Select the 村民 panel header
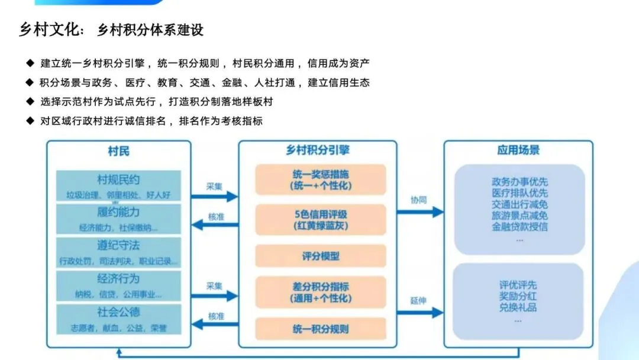coord(118,151)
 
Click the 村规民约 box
coord(118,185)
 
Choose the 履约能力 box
coord(118,218)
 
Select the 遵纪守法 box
coord(118,252)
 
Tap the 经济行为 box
coord(118,285)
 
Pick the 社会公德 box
coord(118,317)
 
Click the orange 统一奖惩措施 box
coord(320,179)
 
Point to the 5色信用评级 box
coord(320,219)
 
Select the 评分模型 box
coord(320,256)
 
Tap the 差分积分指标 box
coord(320,292)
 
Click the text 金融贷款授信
coord(519,227)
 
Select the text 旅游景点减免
coord(519,216)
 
